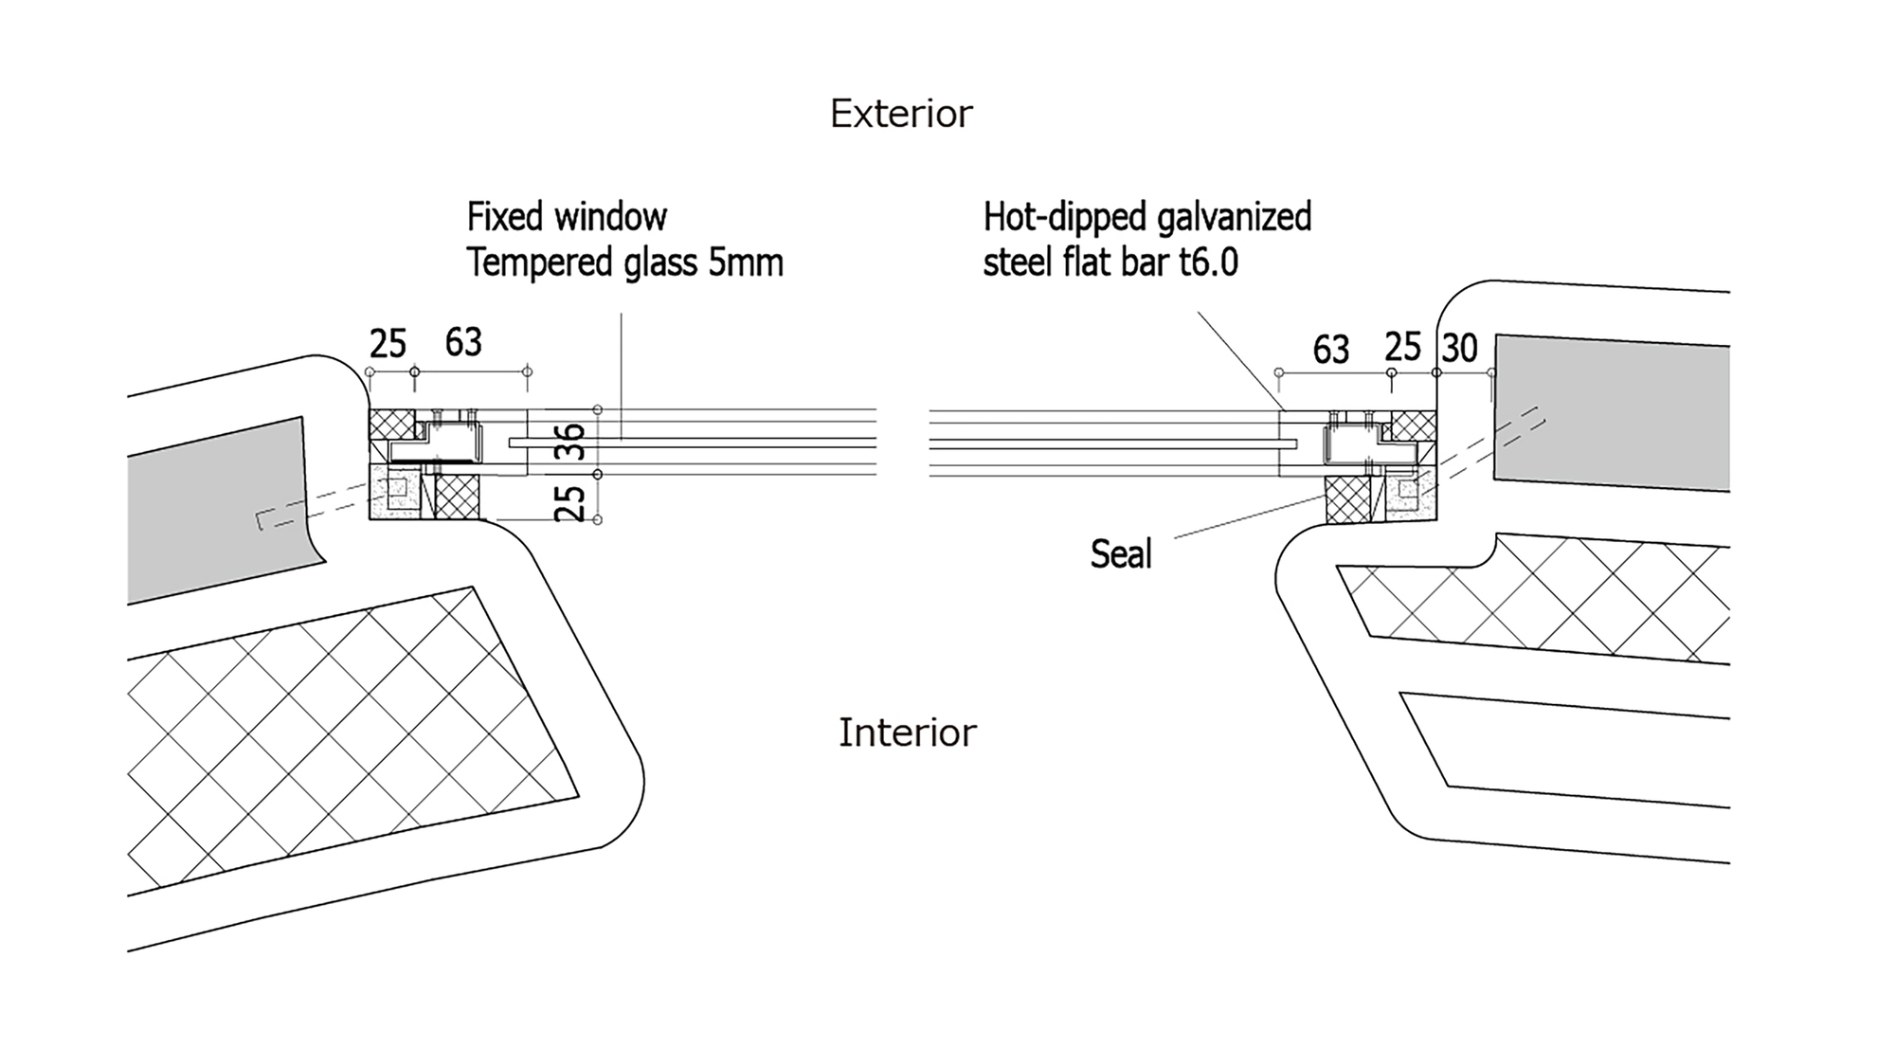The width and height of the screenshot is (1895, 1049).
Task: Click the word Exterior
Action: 901,114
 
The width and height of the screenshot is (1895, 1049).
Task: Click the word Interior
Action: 907,732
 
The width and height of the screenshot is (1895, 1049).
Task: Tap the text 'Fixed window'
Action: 567,217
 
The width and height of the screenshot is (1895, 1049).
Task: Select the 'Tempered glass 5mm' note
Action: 624,262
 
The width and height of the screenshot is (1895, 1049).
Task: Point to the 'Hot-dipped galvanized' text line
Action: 1146,217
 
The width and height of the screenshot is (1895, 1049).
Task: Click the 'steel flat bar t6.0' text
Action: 1110,262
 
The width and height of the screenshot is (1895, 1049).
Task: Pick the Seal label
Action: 1121,554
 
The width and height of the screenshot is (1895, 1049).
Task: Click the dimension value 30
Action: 1459,349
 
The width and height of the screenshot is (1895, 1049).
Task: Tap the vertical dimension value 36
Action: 570,442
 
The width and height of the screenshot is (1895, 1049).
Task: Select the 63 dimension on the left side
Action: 463,342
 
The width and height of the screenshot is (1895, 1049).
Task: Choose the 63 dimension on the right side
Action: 1330,350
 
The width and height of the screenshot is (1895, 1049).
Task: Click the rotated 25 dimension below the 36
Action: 570,502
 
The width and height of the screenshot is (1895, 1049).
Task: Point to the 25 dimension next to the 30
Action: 1402,348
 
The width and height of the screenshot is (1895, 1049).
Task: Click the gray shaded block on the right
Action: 1611,412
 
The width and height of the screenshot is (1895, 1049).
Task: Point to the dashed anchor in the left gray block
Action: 313,508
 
